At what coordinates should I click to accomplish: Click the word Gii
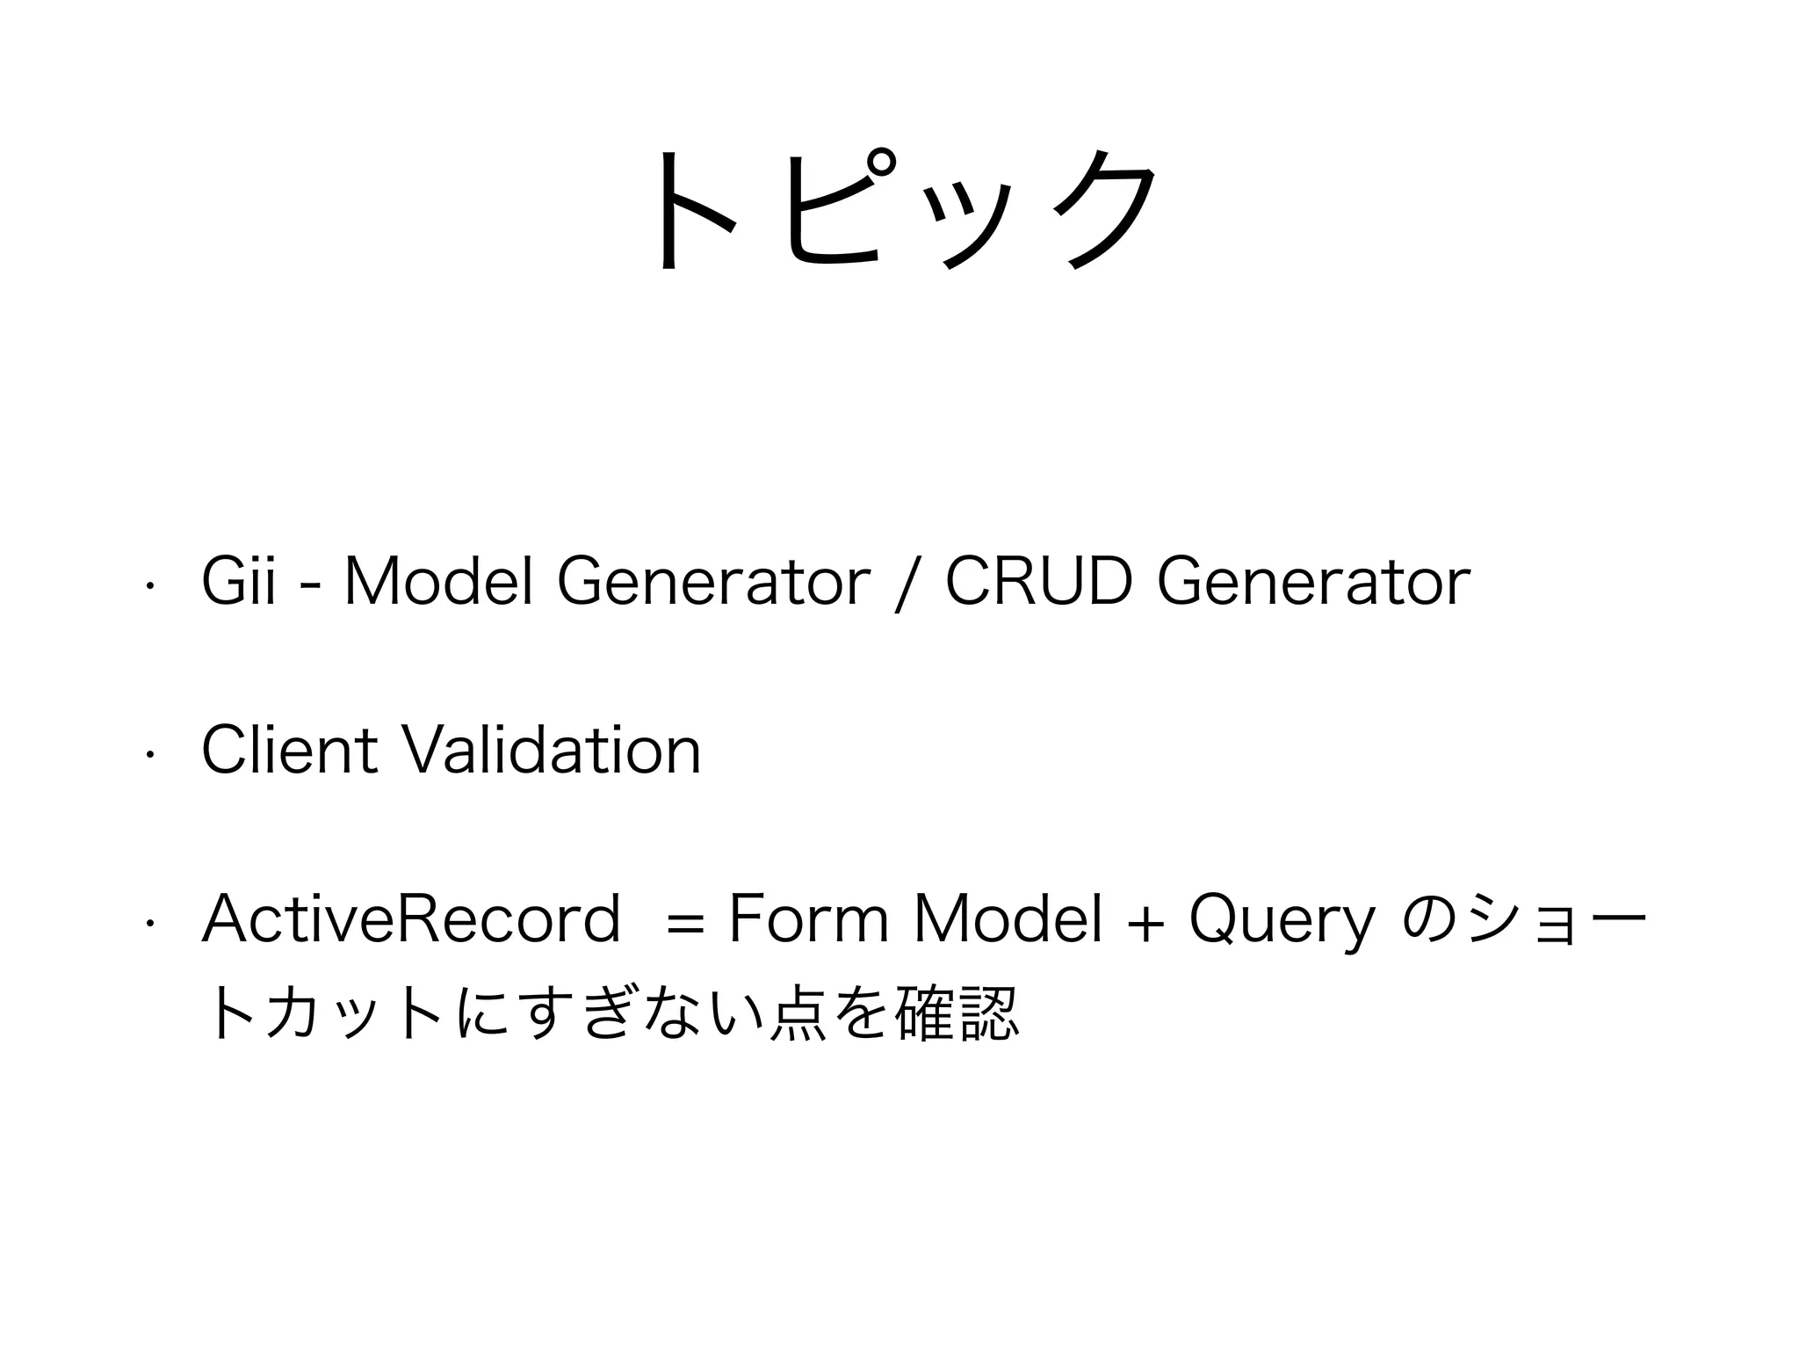[240, 582]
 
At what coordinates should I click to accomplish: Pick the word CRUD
[1038, 582]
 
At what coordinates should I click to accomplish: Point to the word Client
[290, 751]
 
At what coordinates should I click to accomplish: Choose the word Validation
[551, 751]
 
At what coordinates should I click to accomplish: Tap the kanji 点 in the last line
[798, 1013]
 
